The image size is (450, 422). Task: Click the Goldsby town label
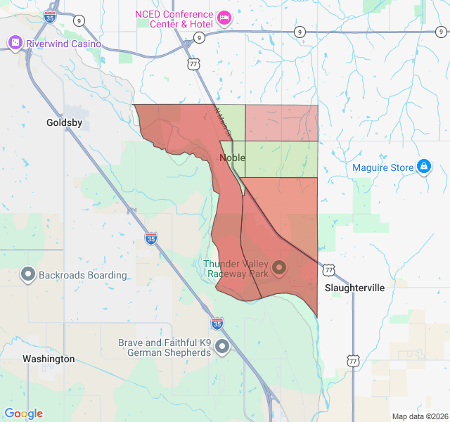64,122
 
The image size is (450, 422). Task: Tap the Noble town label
232,158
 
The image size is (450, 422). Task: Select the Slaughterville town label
354,288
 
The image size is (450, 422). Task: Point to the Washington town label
49,359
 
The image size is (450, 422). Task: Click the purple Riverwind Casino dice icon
14,44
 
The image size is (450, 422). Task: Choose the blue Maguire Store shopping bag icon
423,167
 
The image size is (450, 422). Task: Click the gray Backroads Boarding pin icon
29,274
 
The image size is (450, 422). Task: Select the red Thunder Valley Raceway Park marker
279,268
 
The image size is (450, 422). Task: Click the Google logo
23,414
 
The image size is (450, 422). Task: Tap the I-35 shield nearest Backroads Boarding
151,238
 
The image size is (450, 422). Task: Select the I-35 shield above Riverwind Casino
50,15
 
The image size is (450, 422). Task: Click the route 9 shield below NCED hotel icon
200,37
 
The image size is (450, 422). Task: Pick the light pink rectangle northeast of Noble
281,123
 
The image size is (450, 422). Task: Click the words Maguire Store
382,167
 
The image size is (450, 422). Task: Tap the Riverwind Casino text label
63,44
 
